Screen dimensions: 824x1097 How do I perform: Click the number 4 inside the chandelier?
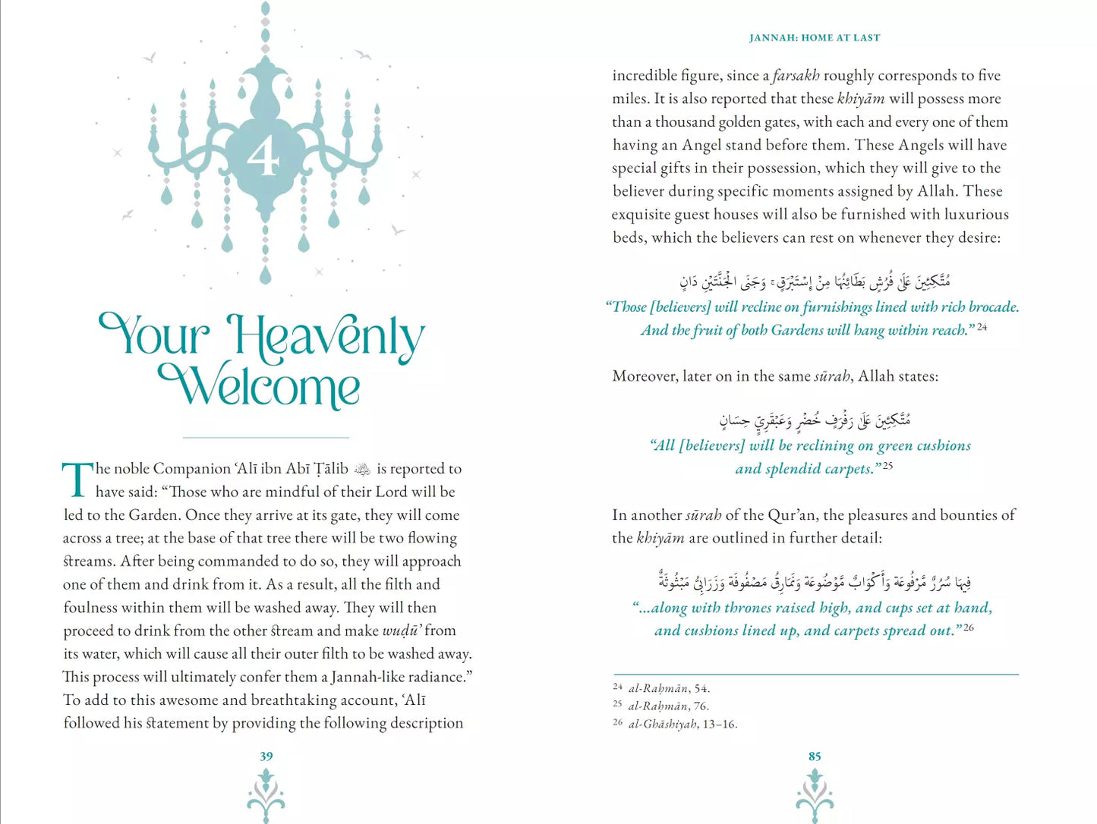coord(263,158)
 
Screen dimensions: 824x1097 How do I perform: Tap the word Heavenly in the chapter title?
coord(326,337)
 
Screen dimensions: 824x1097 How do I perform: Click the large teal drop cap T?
coord(77,480)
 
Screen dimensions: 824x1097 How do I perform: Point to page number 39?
coord(266,756)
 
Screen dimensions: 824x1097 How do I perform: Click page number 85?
coord(815,756)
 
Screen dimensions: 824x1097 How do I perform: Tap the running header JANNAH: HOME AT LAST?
coord(815,37)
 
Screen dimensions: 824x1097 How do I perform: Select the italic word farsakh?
coord(796,75)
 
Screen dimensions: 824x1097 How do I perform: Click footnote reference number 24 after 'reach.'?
coord(982,326)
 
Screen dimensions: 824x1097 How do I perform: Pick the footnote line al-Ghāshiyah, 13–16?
coord(682,724)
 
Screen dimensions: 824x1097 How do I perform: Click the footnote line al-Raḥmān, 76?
coord(668,706)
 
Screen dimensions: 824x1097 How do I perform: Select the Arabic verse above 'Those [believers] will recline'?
coord(815,281)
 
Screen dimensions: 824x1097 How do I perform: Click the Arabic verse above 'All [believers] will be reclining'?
coord(815,420)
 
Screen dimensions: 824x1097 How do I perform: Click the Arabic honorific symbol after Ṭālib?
coord(363,470)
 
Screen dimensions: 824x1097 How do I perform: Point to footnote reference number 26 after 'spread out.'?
coord(969,627)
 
